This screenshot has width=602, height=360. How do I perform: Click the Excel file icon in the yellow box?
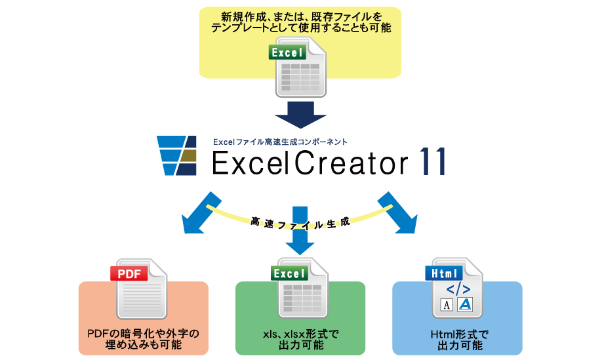click(298, 67)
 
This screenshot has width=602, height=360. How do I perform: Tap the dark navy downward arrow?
click(300, 115)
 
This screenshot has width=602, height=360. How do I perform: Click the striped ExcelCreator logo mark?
click(177, 155)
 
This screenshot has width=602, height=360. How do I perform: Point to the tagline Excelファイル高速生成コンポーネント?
click(280, 142)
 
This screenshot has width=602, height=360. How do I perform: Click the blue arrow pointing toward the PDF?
click(201, 213)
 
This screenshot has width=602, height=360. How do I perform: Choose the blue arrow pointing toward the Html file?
click(397, 213)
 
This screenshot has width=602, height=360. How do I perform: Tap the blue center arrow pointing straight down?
click(300, 231)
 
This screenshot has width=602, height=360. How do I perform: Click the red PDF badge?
click(129, 273)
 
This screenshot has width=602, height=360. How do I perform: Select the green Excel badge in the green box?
click(289, 273)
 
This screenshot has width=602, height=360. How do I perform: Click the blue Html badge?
click(444, 273)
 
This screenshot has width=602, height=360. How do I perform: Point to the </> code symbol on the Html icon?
click(458, 289)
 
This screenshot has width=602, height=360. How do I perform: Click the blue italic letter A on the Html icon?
click(465, 304)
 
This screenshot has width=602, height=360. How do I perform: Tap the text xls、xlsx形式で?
click(300, 334)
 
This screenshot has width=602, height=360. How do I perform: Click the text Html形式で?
click(460, 334)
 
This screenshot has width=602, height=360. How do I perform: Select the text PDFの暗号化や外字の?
click(144, 333)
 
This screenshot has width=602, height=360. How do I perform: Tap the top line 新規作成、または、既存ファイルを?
click(302, 17)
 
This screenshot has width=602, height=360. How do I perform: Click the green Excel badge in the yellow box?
click(287, 52)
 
